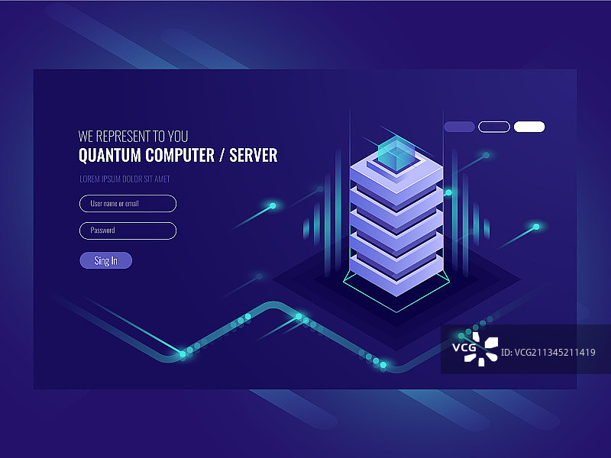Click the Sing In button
(105, 260)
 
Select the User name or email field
(128, 204)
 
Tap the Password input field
(128, 231)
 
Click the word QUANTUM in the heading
(109, 156)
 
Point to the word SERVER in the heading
(254, 156)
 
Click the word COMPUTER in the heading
(179, 156)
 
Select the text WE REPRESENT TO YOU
(133, 137)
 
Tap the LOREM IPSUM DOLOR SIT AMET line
(124, 179)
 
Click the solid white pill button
(529, 127)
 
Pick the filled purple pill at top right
(460, 127)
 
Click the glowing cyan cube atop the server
(397, 153)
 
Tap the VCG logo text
(464, 347)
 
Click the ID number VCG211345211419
(548, 353)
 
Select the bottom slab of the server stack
(396, 275)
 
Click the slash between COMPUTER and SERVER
(221, 156)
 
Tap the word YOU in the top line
(178, 137)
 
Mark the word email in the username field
(131, 203)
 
